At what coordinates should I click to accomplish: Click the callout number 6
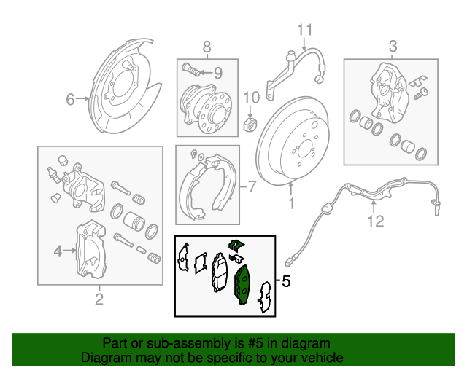coord(71,100)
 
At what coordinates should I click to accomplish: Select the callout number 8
coord(207,47)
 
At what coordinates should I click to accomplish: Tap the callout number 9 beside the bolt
coord(217,72)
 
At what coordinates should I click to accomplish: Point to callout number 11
coord(304,30)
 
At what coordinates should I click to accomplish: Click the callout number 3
coord(393,47)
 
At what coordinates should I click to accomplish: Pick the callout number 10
coord(250,97)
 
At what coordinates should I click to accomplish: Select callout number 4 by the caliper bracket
coord(58,252)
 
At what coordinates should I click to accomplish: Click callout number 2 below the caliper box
coord(99,299)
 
